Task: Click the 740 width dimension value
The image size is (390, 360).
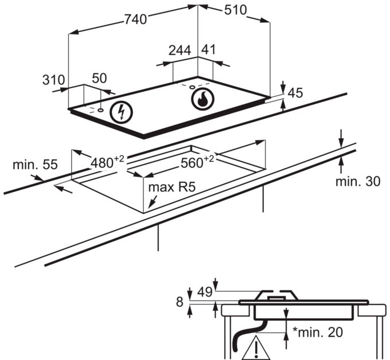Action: click(x=135, y=19)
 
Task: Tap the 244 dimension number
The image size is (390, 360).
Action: click(x=180, y=50)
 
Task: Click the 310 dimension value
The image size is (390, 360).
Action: click(x=54, y=80)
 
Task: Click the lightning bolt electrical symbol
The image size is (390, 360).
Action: click(x=121, y=111)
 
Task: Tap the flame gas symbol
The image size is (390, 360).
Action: click(x=202, y=99)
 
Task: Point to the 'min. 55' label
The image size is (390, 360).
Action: click(x=35, y=165)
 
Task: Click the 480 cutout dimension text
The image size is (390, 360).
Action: click(x=107, y=162)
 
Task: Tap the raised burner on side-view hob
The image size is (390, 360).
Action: click(x=276, y=296)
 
